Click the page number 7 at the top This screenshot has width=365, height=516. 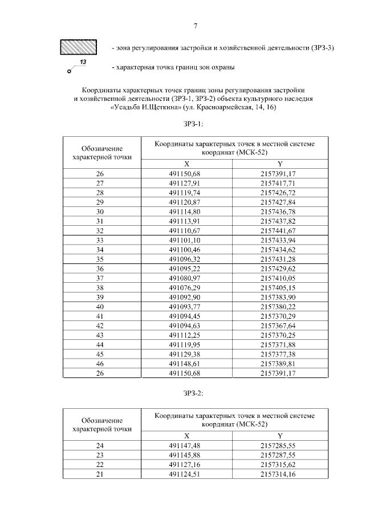click(195, 26)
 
